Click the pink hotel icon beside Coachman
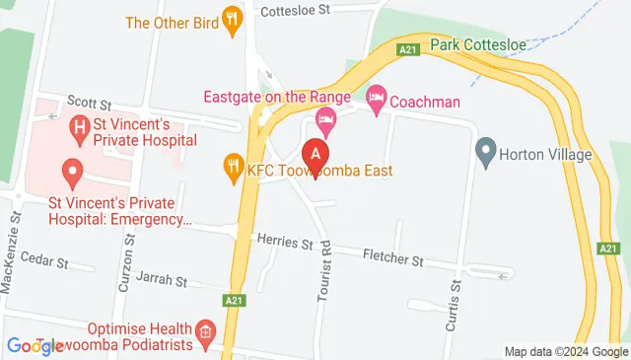click(x=375, y=99)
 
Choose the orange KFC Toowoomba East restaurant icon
click(x=233, y=170)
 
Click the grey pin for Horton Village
click(x=484, y=153)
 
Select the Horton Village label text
click(x=545, y=155)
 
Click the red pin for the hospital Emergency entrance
click(x=71, y=174)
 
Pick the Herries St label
click(x=283, y=242)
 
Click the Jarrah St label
click(x=162, y=281)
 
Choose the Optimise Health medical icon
click(x=205, y=330)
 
